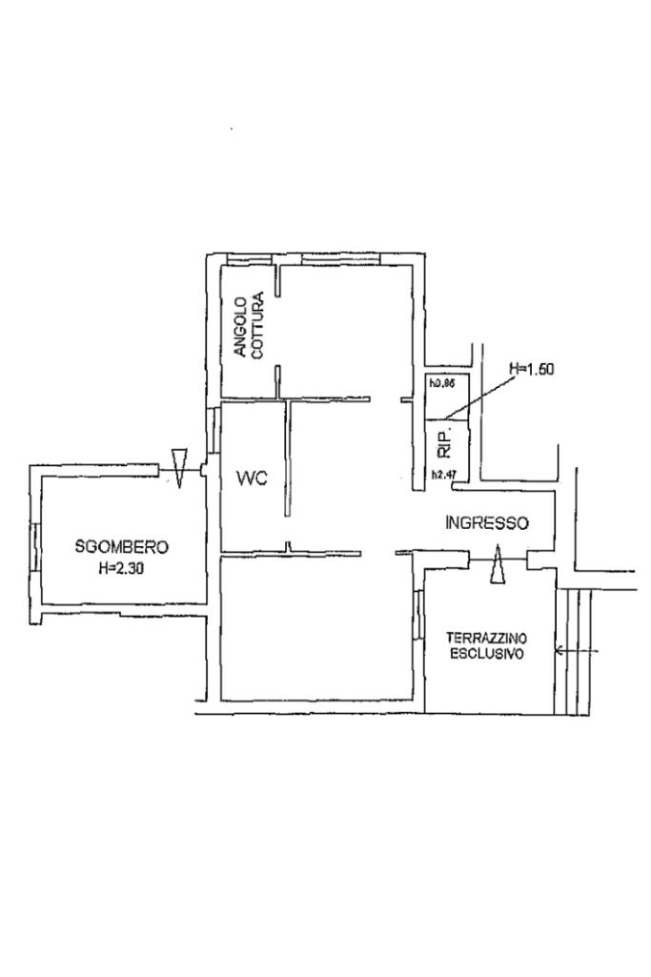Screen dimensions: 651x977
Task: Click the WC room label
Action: (x=252, y=478)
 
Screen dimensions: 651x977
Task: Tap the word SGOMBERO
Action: (x=121, y=547)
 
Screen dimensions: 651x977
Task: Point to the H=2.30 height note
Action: (x=121, y=568)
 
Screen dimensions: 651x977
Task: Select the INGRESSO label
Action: (x=487, y=522)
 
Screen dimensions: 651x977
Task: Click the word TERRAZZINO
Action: (x=486, y=639)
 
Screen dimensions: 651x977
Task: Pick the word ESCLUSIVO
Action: (x=486, y=654)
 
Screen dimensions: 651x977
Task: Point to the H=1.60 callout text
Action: (x=532, y=369)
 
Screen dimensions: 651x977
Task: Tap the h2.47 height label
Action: (x=444, y=474)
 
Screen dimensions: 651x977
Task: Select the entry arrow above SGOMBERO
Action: (x=179, y=467)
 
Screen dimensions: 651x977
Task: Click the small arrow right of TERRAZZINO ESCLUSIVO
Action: (x=577, y=652)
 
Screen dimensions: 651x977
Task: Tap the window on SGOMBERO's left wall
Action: (x=36, y=546)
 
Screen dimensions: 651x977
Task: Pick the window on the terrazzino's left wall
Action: (x=418, y=616)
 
